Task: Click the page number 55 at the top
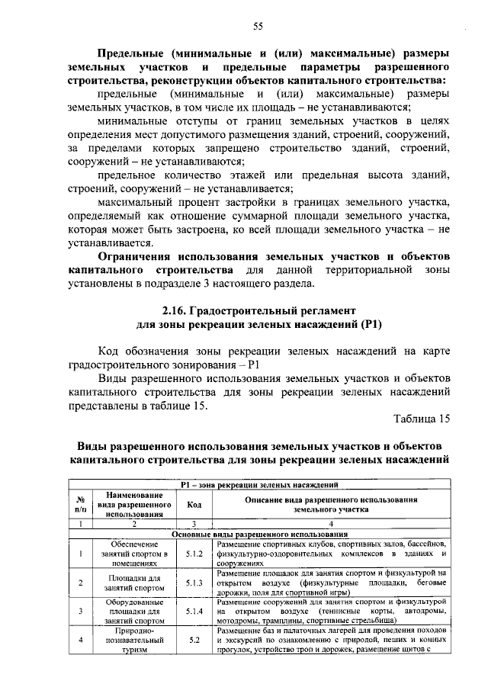[258, 27]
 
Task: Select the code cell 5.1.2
[194, 553]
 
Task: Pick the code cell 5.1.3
[194, 582]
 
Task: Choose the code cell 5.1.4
[194, 611]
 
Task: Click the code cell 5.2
[194, 641]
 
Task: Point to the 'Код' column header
[194, 505]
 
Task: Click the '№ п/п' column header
[80, 505]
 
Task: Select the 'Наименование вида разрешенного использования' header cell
[133, 505]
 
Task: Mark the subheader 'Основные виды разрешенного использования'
[260, 534]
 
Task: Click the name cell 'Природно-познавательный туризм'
[133, 641]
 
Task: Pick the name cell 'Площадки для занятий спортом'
[133, 582]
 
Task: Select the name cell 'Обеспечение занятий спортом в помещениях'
[133, 553]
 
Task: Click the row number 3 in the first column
[80, 611]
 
